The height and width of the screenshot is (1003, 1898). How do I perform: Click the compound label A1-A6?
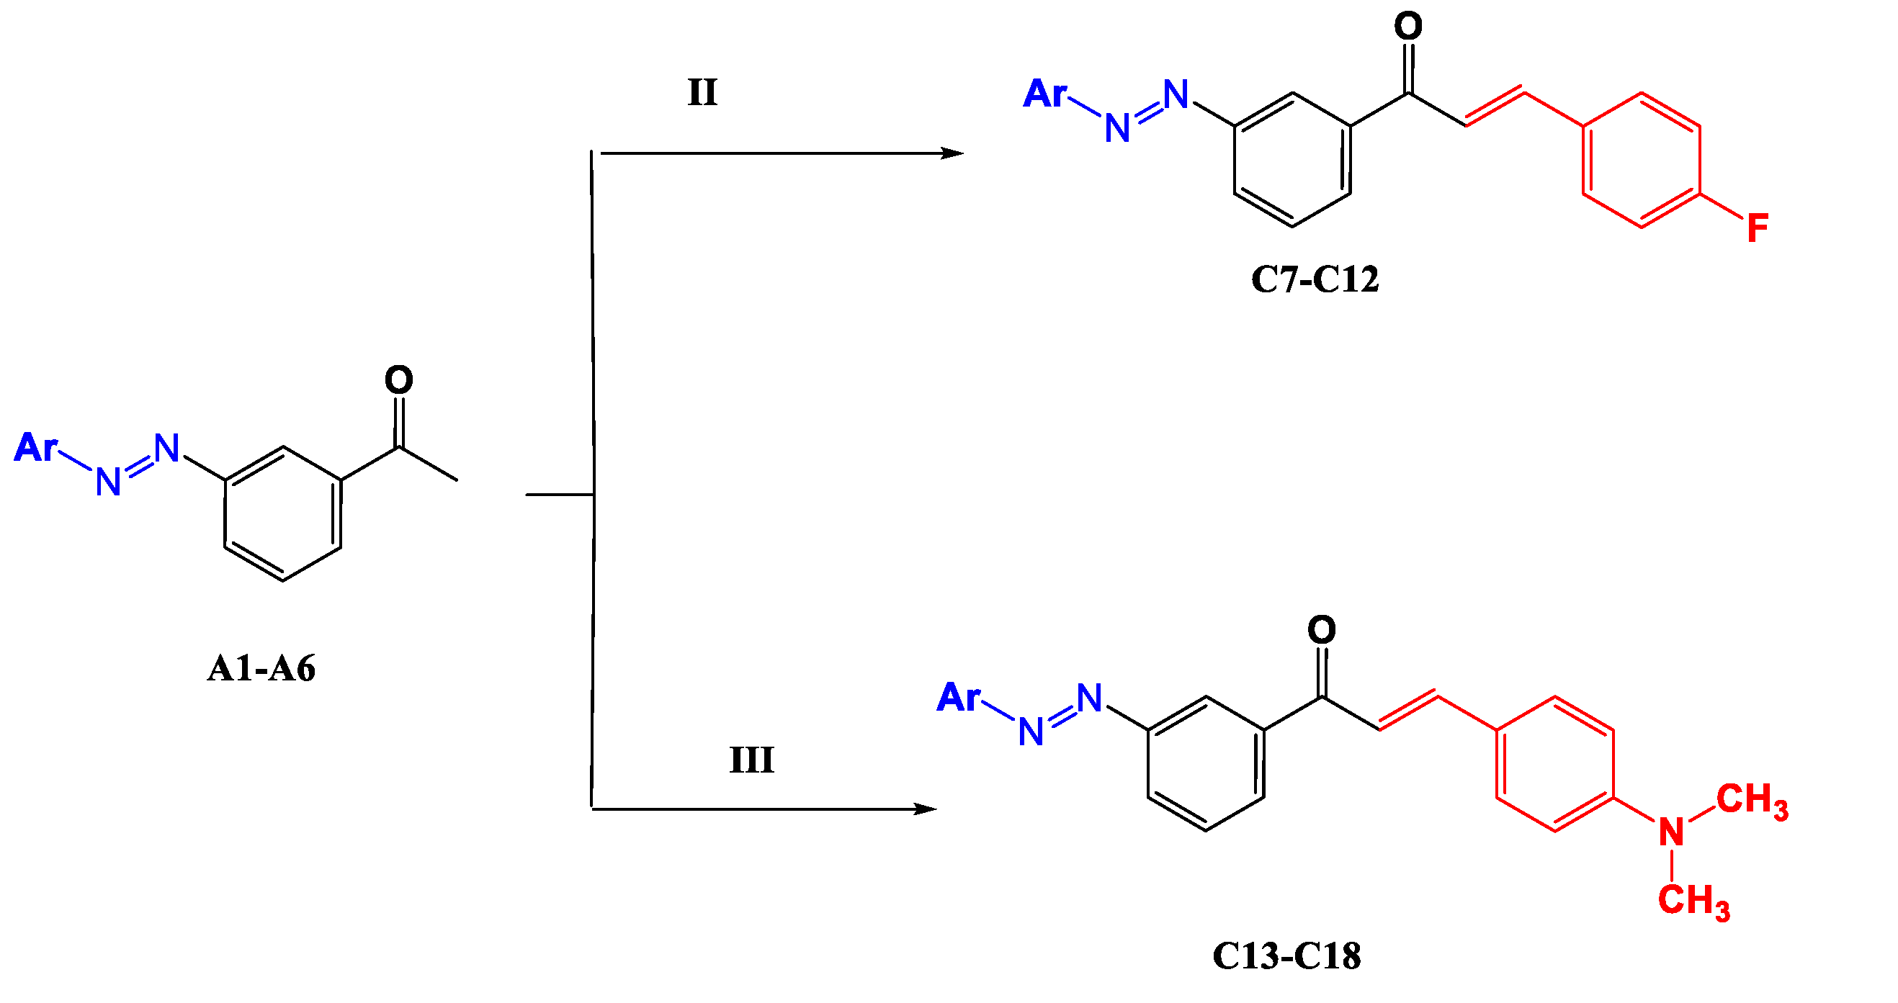(261, 669)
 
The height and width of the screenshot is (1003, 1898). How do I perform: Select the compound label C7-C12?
(1315, 279)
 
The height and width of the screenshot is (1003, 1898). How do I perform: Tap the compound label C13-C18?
(1286, 956)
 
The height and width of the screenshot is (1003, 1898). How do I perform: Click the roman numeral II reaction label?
(702, 93)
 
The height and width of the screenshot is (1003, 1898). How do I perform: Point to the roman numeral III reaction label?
(751, 760)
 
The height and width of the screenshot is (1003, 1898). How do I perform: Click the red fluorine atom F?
(1758, 228)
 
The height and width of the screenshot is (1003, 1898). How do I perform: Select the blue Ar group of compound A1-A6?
(35, 447)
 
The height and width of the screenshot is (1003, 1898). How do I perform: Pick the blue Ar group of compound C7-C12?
(1044, 94)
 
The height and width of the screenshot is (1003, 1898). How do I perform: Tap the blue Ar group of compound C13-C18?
(959, 697)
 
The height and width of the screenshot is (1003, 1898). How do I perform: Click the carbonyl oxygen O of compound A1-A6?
(398, 380)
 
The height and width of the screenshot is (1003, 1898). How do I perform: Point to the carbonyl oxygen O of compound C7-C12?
(1408, 27)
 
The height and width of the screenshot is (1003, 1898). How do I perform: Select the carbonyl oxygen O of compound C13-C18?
(1321, 629)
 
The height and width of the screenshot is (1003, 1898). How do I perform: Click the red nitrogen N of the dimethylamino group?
(1672, 832)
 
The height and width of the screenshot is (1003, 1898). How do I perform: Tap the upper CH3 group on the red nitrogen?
(1751, 801)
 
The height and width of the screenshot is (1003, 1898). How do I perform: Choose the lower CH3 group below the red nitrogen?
(1693, 901)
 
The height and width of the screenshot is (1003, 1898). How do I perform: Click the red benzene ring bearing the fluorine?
(1641, 161)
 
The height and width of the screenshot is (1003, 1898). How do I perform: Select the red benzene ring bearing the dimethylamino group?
(1554, 764)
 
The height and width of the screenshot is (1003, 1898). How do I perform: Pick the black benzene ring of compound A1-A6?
(283, 514)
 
